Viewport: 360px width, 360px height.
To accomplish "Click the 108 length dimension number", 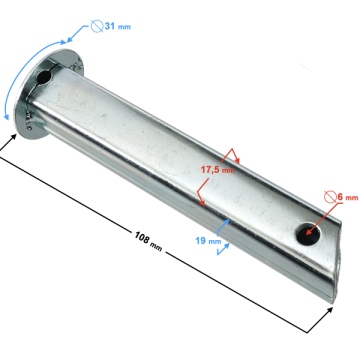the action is tap(141, 237).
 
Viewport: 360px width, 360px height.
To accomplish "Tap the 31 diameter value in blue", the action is tap(110, 26).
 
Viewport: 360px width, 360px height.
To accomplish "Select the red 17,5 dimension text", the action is tap(211, 170).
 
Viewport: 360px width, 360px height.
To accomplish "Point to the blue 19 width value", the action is tap(201, 240).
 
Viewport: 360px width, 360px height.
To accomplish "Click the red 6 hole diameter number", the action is tap(340, 197).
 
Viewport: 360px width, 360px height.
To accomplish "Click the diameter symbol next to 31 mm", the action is tap(97, 26).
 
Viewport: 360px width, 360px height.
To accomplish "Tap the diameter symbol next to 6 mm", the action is tap(330, 197).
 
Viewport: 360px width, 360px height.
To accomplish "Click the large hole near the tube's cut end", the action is tap(308, 234).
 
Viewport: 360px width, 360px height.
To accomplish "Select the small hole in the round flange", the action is tap(44, 78).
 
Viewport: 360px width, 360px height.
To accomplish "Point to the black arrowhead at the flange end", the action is tap(13, 137).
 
